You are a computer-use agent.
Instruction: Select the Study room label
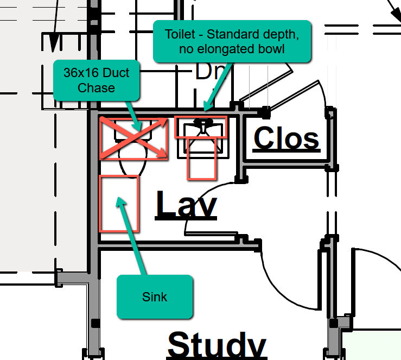point(217,344)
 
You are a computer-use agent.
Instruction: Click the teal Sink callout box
point(155,296)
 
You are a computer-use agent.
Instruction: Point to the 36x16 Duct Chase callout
point(96,80)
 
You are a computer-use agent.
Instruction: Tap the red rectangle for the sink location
point(119,203)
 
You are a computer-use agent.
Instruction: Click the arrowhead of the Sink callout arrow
point(120,201)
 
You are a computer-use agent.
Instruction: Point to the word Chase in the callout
point(96,88)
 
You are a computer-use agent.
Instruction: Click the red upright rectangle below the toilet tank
point(202,157)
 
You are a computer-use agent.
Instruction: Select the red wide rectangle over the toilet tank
point(201,127)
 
